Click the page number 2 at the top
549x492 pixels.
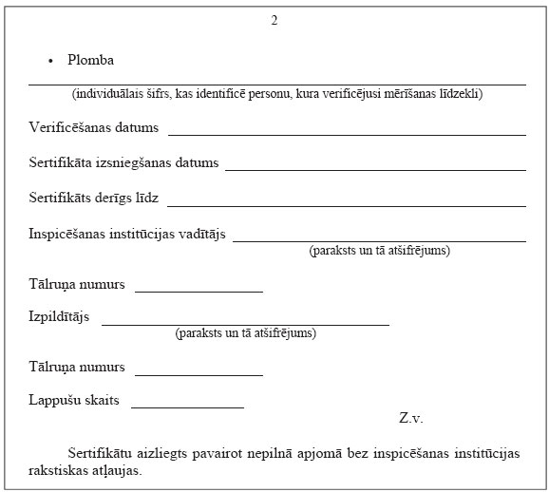(274, 20)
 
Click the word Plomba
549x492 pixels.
(90, 60)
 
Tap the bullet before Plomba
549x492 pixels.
(51, 61)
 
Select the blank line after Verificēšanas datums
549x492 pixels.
(347, 134)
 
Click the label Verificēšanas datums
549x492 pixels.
(93, 127)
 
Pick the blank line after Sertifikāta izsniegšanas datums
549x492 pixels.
(375, 169)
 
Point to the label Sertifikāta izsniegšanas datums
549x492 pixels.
(123, 162)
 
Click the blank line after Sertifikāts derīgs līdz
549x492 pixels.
(347, 204)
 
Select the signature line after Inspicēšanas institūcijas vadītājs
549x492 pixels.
(379, 240)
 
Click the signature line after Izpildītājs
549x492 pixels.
(245, 324)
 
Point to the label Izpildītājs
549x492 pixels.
(59, 317)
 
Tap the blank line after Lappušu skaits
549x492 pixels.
(187, 407)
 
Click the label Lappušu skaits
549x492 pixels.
(74, 400)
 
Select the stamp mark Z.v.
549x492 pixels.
(410, 418)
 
